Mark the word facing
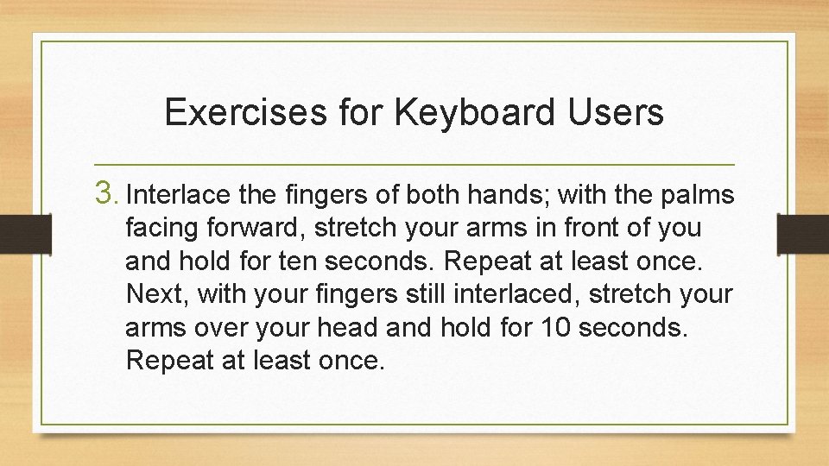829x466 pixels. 164,230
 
